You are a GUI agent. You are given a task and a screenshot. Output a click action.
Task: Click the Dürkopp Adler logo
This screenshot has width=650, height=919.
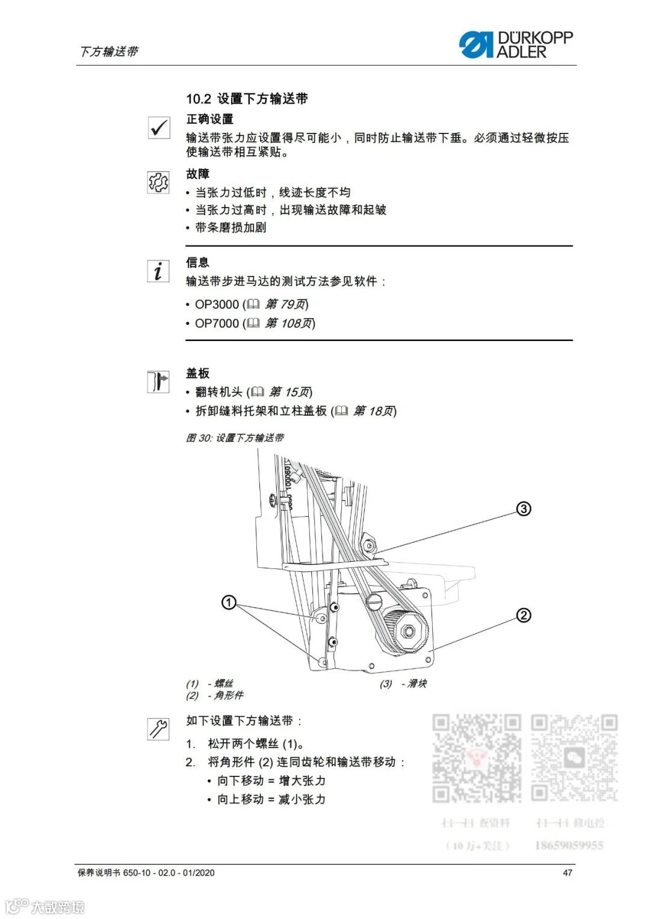tap(516, 45)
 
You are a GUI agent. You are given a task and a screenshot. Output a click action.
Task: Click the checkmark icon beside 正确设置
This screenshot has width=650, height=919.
tap(159, 128)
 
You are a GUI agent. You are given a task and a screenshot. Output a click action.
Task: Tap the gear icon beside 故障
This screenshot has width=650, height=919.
tap(158, 182)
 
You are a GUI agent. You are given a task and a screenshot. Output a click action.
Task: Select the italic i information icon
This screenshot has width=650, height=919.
tap(158, 271)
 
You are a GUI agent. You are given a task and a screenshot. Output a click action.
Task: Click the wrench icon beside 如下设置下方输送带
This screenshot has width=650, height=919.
tap(158, 728)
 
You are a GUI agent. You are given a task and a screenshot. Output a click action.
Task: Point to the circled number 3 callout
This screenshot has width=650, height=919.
tap(524, 509)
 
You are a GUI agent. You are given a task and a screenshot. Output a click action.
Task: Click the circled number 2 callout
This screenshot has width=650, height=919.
tap(524, 615)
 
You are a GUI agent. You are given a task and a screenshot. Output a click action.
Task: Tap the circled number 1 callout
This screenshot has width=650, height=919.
tap(229, 602)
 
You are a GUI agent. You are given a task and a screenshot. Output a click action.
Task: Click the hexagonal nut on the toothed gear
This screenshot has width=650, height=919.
tap(409, 631)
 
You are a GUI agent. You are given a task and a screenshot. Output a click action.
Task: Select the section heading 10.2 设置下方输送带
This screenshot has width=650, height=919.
tap(247, 99)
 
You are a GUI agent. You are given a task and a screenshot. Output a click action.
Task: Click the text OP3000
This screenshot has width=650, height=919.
tap(217, 304)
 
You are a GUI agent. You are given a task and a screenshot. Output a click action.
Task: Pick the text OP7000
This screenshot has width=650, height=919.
tap(217, 323)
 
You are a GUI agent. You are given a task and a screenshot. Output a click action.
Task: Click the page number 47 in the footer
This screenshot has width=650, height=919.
tap(567, 873)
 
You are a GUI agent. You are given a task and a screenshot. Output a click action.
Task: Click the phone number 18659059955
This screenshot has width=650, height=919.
tap(569, 846)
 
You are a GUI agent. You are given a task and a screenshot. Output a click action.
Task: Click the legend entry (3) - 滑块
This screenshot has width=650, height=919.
tap(403, 684)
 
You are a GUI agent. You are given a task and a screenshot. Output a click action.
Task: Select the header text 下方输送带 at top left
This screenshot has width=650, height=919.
tap(108, 52)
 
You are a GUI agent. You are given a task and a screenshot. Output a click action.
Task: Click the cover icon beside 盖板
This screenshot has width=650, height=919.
tap(158, 382)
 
